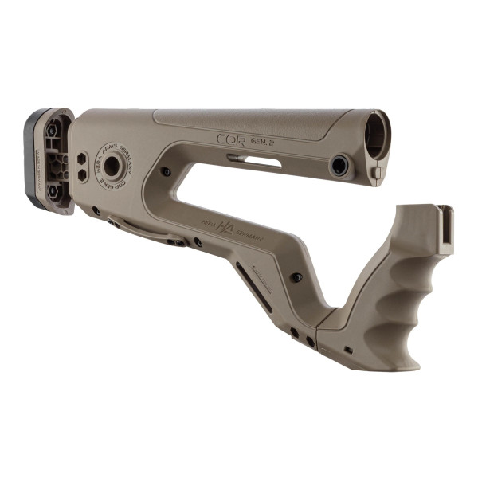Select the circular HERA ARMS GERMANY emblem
112,166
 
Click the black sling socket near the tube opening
340,166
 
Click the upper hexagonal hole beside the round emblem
82,157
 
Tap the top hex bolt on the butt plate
53,130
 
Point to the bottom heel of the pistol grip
402,365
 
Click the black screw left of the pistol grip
296,277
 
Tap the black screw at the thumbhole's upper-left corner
165,171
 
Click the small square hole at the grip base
348,349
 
